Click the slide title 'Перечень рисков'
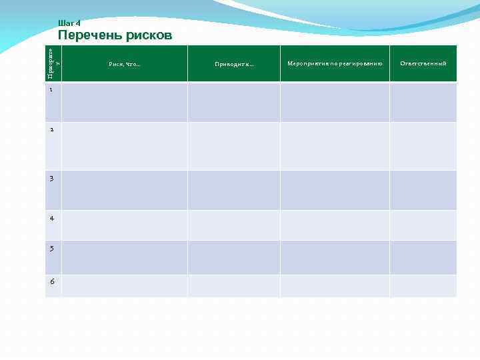pyautogui.click(x=115, y=35)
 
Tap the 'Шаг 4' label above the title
pyautogui.click(x=69, y=23)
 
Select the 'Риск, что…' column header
pyautogui.click(x=124, y=64)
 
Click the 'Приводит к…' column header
pyautogui.click(x=234, y=64)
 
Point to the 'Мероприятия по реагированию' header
pyautogui.click(x=335, y=63)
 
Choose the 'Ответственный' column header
pyautogui.click(x=423, y=63)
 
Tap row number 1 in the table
pyautogui.click(x=51, y=91)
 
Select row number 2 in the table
pyautogui.click(x=51, y=129)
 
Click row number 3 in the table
pyautogui.click(x=51, y=178)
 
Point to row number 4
pyautogui.click(x=51, y=218)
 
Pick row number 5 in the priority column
pyautogui.click(x=51, y=248)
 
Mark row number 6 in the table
pyautogui.click(x=51, y=281)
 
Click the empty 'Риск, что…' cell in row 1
pyautogui.click(x=124, y=102)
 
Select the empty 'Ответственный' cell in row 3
pyautogui.click(x=423, y=190)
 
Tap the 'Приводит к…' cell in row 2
pyautogui.click(x=234, y=146)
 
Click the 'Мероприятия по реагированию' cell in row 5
pyautogui.click(x=335, y=257)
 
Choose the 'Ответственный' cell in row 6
pyautogui.click(x=423, y=286)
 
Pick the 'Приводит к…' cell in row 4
pyautogui.click(x=234, y=225)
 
